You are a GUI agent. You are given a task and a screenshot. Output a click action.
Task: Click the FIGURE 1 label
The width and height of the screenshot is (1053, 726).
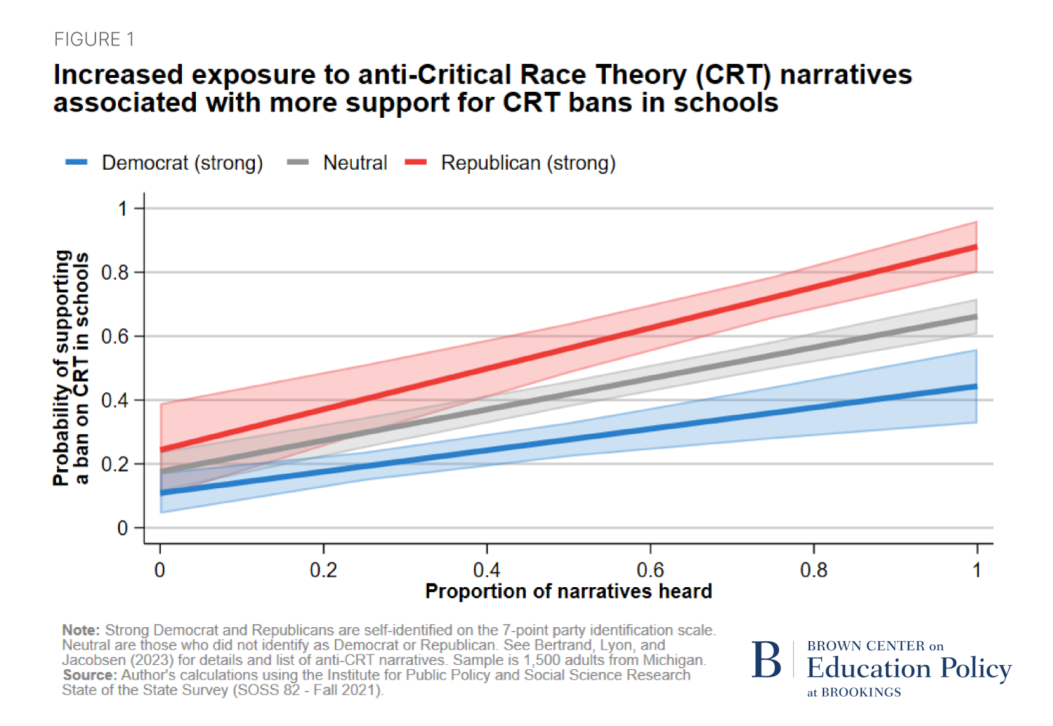pos(94,39)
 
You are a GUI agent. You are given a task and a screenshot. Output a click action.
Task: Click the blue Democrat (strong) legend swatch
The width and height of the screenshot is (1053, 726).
pos(76,163)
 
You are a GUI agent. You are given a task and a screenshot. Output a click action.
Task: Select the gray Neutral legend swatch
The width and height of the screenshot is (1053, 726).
pos(298,163)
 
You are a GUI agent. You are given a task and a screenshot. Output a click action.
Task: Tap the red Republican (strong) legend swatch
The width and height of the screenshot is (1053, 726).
pos(416,163)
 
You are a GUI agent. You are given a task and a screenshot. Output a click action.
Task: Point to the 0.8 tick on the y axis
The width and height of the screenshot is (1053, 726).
pos(116,272)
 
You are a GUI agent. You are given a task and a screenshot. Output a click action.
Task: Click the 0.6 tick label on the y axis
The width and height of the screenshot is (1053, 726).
pos(116,337)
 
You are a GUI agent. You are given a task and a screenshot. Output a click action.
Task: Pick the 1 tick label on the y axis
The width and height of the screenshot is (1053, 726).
pos(123,208)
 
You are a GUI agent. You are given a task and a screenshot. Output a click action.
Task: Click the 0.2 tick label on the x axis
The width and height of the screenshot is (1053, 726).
pos(323,570)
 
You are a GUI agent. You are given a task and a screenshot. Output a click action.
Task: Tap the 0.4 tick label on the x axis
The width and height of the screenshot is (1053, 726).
pos(486,570)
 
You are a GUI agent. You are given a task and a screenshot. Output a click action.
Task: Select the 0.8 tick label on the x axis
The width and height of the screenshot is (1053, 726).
pos(814,570)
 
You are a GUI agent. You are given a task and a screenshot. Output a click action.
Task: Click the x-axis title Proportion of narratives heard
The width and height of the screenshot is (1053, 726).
pos(569,591)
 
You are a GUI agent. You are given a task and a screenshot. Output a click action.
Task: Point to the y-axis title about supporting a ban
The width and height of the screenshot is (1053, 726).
pos(71,368)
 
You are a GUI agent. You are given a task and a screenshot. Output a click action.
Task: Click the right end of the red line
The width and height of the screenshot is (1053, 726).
pos(976,248)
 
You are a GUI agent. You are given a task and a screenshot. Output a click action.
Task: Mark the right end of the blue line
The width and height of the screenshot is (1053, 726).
pos(976,386)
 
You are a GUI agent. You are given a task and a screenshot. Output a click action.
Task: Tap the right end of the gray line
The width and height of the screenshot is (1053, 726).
pos(976,317)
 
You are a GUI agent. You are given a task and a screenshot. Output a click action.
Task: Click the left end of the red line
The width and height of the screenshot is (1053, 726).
pos(161,450)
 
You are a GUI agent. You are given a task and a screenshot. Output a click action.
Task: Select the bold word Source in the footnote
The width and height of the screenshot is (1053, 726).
pos(89,675)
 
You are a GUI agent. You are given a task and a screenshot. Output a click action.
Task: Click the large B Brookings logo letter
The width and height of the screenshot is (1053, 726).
pos(766,660)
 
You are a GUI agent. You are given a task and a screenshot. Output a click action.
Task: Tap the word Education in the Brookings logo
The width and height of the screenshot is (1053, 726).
pos(869,668)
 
